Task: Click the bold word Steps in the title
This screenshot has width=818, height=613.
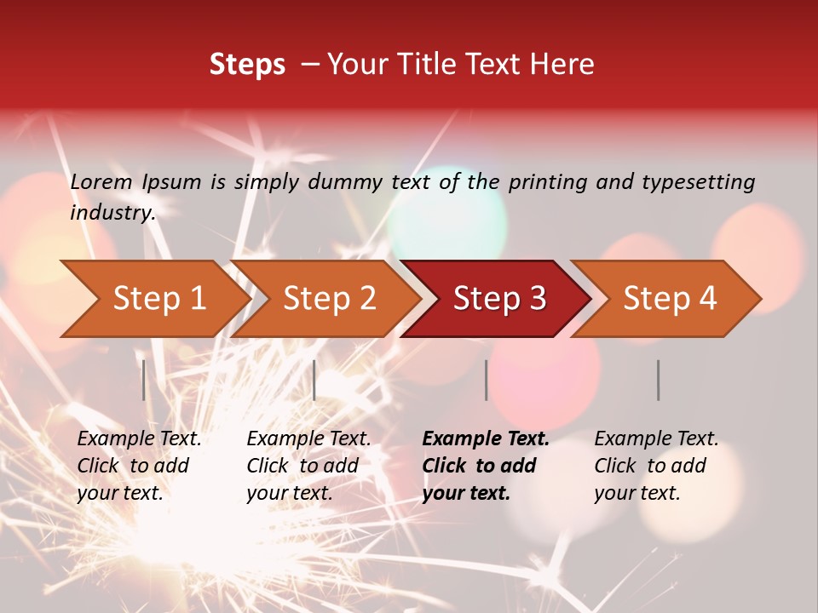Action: point(247,65)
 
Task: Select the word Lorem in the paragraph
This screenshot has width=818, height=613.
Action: point(101,181)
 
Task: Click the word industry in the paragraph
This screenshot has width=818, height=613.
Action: point(112,212)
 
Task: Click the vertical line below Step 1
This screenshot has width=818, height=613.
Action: point(144,380)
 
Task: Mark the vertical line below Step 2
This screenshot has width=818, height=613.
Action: point(314,380)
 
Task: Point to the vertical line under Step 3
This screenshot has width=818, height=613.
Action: point(486,380)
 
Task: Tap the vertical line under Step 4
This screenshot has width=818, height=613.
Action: point(658,380)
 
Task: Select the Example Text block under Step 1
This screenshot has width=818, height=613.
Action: point(139,466)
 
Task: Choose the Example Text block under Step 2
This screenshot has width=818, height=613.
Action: point(308,466)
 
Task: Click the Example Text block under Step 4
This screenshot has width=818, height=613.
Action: point(656,466)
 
